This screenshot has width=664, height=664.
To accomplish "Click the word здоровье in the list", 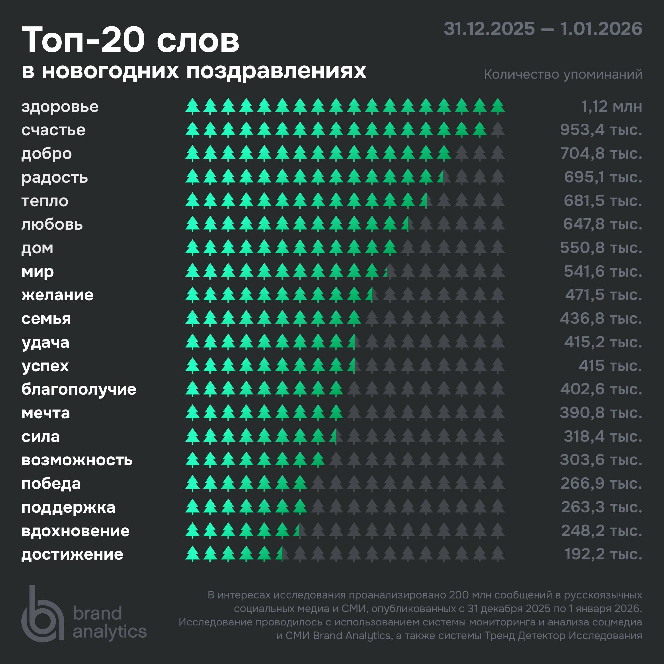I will pos(60,107).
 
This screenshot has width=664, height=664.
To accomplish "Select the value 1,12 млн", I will pos(612,107).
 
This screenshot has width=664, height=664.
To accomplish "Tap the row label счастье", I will pos(53,130).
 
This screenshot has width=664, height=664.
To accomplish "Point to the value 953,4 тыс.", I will pos(601,130).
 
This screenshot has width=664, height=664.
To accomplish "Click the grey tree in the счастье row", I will pos(498,129).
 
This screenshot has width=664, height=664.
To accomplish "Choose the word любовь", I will pos(52,224).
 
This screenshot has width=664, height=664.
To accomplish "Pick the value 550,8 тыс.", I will pos(601,247).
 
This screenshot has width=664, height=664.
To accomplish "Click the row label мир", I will pos(38,272).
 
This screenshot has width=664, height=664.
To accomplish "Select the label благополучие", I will pos(79,389).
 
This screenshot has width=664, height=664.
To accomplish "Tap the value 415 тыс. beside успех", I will pos(610,365).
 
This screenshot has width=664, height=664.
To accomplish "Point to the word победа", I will pos(51,484).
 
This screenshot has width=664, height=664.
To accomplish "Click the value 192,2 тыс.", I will pos(603,554).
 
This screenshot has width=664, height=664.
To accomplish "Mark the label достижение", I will pos(72,554).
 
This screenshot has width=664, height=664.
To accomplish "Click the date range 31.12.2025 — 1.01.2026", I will pos(543,29).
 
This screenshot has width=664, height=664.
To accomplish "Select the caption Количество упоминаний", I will pos(563,74).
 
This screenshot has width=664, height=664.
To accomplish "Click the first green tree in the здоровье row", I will pos(193,106).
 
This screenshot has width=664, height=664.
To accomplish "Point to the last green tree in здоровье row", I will pos(498,106).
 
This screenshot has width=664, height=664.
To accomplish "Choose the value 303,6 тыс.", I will pos(601,460).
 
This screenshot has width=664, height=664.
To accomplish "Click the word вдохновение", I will pos(75,531).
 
